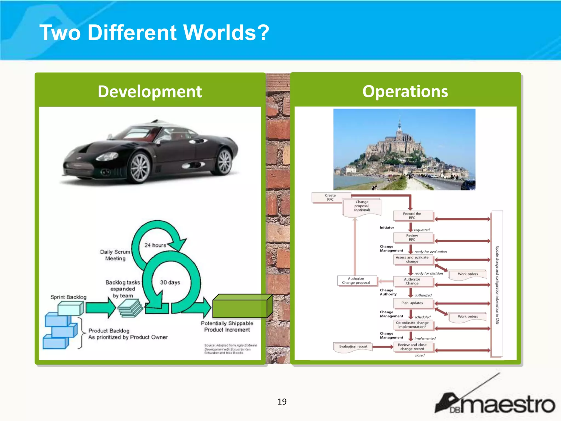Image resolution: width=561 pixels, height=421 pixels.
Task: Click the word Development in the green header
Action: coord(150,92)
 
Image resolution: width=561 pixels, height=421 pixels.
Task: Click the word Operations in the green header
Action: coord(405,92)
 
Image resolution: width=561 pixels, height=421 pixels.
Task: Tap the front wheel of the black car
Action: coord(140,167)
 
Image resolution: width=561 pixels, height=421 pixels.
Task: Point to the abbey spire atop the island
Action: coord(400,123)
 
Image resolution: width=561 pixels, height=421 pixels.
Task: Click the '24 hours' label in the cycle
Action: coord(155,245)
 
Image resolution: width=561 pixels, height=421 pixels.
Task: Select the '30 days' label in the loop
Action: coord(170,282)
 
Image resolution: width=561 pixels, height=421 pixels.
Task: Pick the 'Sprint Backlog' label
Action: coord(68,297)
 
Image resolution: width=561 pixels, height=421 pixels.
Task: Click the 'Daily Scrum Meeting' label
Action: coord(115,255)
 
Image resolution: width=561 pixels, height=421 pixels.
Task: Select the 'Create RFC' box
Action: coord(330,198)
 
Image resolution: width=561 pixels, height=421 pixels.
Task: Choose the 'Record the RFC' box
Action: coord(412,216)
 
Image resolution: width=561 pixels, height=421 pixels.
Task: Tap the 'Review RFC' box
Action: coord(412,238)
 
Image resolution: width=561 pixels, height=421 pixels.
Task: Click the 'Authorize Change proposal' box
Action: coord(356,281)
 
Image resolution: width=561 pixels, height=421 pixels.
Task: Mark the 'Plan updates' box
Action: coord(412,303)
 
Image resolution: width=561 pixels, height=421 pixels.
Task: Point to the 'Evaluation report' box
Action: coord(353,346)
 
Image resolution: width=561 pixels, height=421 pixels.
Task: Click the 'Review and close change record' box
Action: coord(412,347)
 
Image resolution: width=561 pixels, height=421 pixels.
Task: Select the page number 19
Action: coord(282,402)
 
